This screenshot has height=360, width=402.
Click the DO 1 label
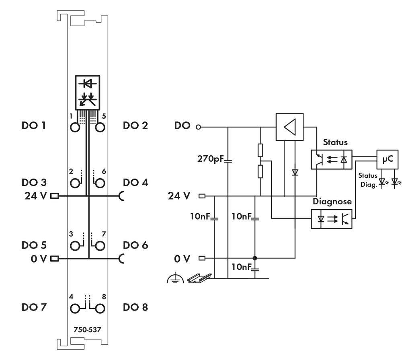33,126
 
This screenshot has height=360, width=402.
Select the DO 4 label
135,183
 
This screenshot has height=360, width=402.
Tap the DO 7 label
33,308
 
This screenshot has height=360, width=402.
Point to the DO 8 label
135,308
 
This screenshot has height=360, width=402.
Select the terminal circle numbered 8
100,309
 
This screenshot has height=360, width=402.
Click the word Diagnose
332,202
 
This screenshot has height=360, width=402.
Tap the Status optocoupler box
332,160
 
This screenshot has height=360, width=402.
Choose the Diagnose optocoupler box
332,219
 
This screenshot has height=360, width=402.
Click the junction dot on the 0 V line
254,258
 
